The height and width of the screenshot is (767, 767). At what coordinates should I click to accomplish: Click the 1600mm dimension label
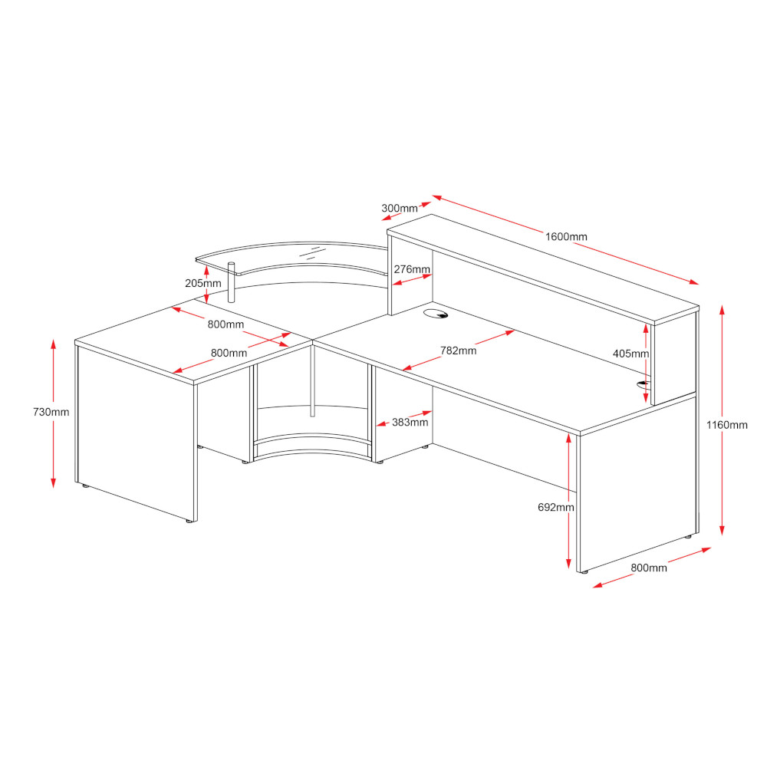pos(566,237)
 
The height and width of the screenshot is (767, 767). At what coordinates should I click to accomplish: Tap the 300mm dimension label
pos(399,209)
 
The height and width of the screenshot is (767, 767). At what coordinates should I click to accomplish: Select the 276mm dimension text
pos(412,269)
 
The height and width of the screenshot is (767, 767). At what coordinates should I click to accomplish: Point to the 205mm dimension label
pos(203,283)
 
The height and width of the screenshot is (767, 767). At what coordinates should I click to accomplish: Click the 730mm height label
pos(51,413)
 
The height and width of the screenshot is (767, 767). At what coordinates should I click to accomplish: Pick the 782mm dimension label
pos(459,351)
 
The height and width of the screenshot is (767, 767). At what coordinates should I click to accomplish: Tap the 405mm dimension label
pos(630,354)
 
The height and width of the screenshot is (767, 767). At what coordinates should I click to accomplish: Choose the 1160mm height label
pos(726,425)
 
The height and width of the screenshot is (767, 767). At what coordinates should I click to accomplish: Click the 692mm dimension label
pos(555,508)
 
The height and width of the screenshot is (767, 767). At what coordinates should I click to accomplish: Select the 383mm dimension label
pos(410,422)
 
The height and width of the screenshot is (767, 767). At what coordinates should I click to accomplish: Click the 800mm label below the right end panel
pos(649,568)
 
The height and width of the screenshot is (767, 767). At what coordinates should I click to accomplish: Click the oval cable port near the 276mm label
pos(436,314)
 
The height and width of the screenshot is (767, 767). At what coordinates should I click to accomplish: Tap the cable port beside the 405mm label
pos(644,384)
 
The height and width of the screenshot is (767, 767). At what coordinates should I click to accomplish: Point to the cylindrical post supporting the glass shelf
pos(232,283)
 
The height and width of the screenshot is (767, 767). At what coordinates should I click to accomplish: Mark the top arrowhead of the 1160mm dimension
pos(722,310)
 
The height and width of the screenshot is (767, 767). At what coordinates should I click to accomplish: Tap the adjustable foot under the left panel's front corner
pos(189,522)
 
